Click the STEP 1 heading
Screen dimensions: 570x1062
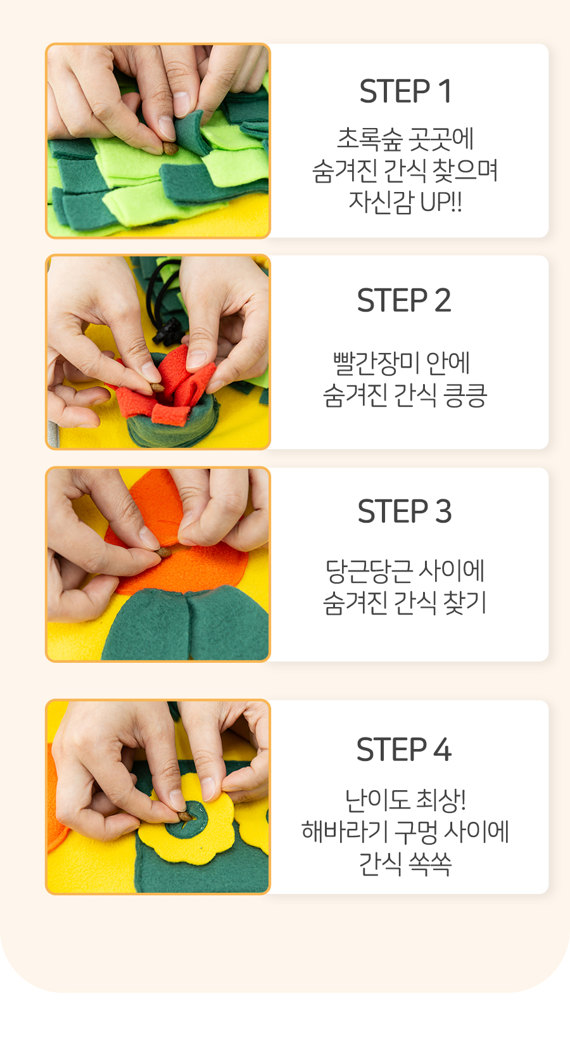405,91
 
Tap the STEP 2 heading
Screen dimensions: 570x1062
404,300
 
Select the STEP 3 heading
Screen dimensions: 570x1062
405,511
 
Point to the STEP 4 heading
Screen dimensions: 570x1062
404,750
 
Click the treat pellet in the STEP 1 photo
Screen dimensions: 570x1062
170,148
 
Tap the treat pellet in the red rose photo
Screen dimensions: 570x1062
157,387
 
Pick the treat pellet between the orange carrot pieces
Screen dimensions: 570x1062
164,553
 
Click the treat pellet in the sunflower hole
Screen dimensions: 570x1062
184,816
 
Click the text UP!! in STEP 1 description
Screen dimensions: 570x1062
441,202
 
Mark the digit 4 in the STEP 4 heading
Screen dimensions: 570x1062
443,750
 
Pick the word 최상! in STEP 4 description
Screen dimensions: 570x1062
441,800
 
